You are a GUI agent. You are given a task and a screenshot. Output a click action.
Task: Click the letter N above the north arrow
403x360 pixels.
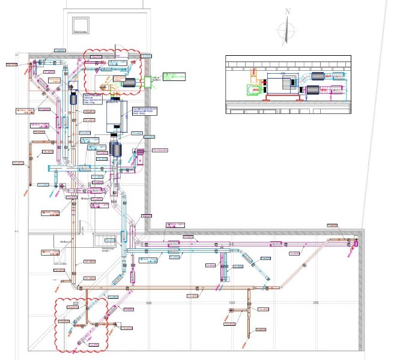coord(288,11)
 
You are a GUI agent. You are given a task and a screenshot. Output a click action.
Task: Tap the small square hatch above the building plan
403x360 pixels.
coord(80,25)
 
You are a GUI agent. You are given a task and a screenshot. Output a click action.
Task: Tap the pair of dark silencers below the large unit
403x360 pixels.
coord(115,148)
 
